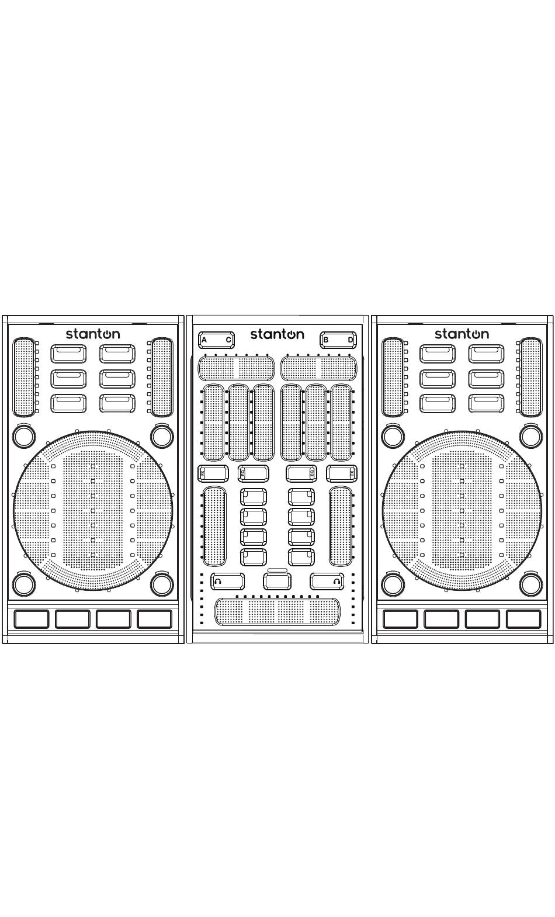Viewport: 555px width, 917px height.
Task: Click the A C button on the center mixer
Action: tap(216, 340)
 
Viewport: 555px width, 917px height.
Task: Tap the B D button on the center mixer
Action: tap(338, 340)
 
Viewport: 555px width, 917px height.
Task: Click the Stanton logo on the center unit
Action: tap(277, 334)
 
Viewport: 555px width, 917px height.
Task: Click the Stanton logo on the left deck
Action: tap(93, 334)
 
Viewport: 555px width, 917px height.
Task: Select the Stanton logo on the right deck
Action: tap(462, 334)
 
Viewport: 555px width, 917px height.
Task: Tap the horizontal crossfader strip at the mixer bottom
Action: tap(277, 612)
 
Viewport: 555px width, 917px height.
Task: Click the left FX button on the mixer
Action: tap(213, 473)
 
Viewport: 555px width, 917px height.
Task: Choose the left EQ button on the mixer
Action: tap(254, 473)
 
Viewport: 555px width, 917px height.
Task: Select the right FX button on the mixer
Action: tap(342, 473)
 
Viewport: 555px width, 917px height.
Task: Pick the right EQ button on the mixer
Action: tap(301, 473)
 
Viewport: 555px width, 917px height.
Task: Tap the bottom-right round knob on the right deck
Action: tap(530, 584)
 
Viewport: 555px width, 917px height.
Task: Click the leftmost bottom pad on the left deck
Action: tap(32, 619)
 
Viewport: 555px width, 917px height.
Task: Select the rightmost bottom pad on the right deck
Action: tap(523, 619)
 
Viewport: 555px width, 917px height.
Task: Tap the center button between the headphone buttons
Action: tap(277, 582)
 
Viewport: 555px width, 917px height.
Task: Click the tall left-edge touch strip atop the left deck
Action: tap(24, 376)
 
